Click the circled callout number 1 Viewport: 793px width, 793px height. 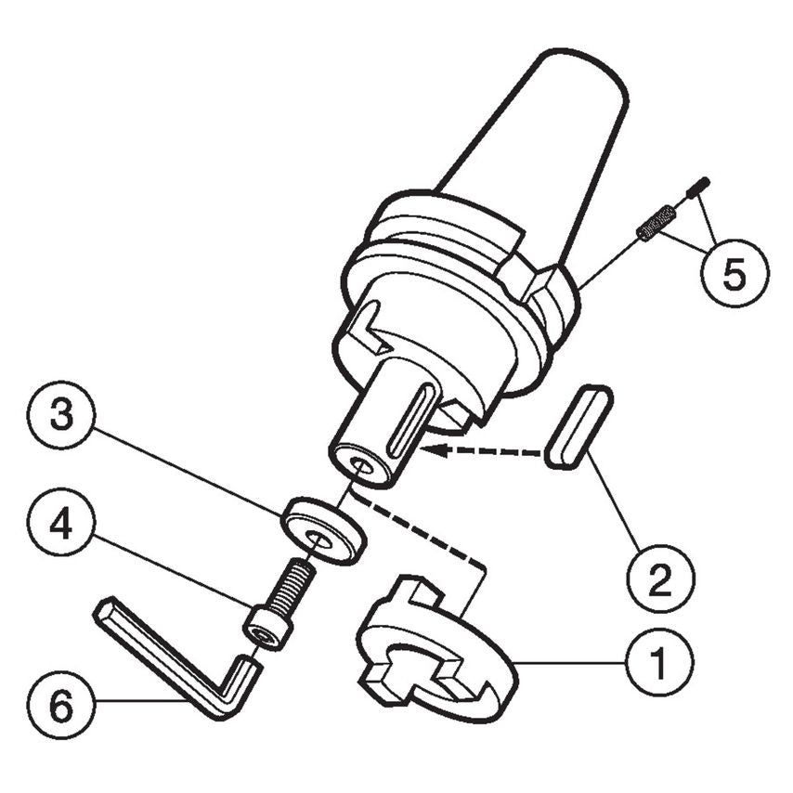[x=657, y=663]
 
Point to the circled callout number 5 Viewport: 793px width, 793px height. [x=734, y=275]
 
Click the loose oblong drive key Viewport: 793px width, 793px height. [x=578, y=426]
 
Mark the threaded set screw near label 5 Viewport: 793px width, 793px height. [x=654, y=223]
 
